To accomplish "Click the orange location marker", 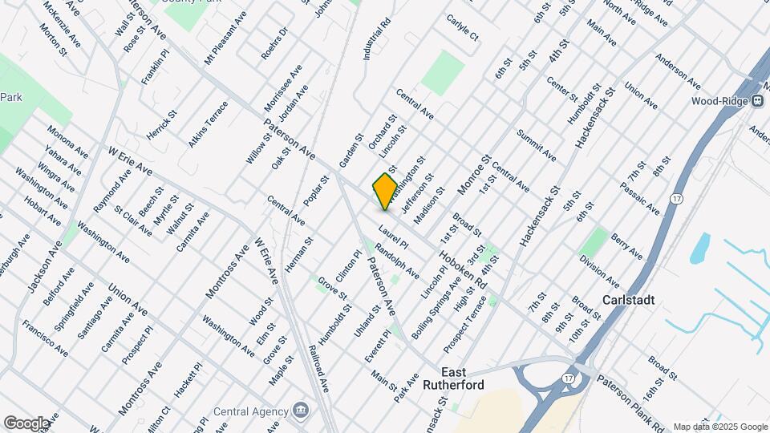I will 385,191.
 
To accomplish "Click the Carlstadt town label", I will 628,300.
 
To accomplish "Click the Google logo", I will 26,423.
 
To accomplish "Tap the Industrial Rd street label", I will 376,39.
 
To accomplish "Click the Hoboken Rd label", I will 463,269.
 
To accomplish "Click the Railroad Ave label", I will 318,367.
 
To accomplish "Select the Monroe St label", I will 472,174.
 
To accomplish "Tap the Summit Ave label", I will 537,144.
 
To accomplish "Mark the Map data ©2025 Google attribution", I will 719,427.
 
